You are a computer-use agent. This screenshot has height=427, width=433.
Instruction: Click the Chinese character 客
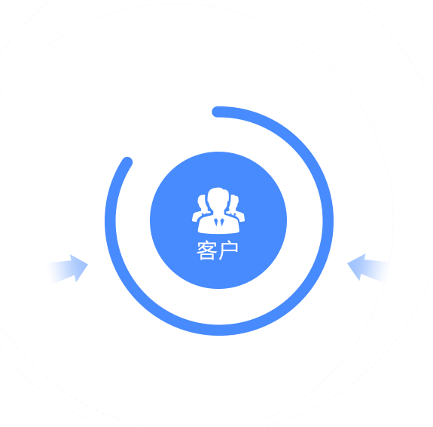[206, 250]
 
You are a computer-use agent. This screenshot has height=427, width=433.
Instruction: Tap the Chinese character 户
[228, 250]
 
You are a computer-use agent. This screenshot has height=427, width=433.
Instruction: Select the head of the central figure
[218, 198]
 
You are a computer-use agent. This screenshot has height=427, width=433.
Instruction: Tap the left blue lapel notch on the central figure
[216, 222]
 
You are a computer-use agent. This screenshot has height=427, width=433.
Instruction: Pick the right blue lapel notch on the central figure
[222, 222]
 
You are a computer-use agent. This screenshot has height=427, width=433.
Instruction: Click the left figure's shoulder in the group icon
[196, 217]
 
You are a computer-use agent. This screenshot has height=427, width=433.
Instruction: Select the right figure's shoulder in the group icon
[240, 217]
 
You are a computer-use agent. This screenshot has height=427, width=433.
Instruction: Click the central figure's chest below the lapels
[218, 229]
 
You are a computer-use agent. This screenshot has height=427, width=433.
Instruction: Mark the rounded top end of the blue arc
[217, 112]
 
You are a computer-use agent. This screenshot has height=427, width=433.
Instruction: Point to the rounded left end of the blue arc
[127, 162]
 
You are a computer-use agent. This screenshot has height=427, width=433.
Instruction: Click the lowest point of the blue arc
[219, 330]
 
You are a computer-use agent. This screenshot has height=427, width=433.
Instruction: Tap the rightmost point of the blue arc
[328, 221]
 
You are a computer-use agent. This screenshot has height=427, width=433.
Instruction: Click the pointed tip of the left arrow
[88, 265]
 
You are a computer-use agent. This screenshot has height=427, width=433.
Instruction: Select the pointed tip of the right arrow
[347, 263]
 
